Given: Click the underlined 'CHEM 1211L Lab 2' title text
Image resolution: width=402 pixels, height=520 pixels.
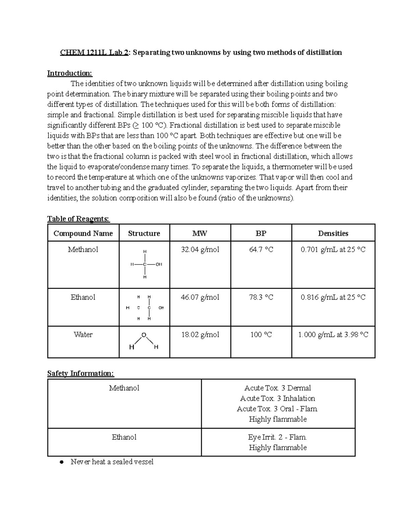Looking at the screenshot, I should click(94, 53).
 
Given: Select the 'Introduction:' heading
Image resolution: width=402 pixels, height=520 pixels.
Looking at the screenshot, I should click(69, 73).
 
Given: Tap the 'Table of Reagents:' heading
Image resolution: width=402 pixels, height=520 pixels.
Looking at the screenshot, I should click(78, 219).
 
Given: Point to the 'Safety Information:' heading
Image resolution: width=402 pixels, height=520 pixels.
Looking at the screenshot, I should click(81, 373).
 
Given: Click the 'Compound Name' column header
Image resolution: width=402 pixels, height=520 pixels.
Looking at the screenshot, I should click(83, 233).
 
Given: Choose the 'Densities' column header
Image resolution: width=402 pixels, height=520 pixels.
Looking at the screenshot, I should click(333, 233).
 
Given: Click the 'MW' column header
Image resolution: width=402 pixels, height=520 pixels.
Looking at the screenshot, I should click(200, 233).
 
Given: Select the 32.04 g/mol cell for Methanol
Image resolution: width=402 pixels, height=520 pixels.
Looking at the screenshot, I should click(200, 249).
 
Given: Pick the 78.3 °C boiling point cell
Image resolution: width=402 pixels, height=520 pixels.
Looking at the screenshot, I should click(261, 297).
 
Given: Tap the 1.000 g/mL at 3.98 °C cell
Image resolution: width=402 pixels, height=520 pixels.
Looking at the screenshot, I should click(333, 335).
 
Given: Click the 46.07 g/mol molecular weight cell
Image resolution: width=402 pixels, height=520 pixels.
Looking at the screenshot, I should click(200, 297).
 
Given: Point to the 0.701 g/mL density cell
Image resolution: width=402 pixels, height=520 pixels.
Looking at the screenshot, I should click(333, 249).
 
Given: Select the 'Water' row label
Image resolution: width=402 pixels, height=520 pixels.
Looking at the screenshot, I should click(83, 335).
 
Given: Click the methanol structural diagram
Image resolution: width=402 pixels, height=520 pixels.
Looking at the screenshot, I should click(145, 264).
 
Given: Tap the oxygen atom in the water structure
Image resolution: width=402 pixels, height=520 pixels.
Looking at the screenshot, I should click(144, 335).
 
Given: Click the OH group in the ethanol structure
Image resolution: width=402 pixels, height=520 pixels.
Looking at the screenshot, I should click(161, 308).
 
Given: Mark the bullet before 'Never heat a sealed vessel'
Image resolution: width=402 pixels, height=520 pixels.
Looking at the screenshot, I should click(61, 462).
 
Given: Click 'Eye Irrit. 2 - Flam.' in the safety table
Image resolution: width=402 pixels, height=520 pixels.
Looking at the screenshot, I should click(278, 437).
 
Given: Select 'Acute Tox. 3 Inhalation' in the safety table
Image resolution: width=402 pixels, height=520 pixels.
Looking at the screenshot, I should click(278, 398).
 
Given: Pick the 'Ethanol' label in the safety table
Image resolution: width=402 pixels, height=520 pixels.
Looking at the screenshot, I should click(124, 437).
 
